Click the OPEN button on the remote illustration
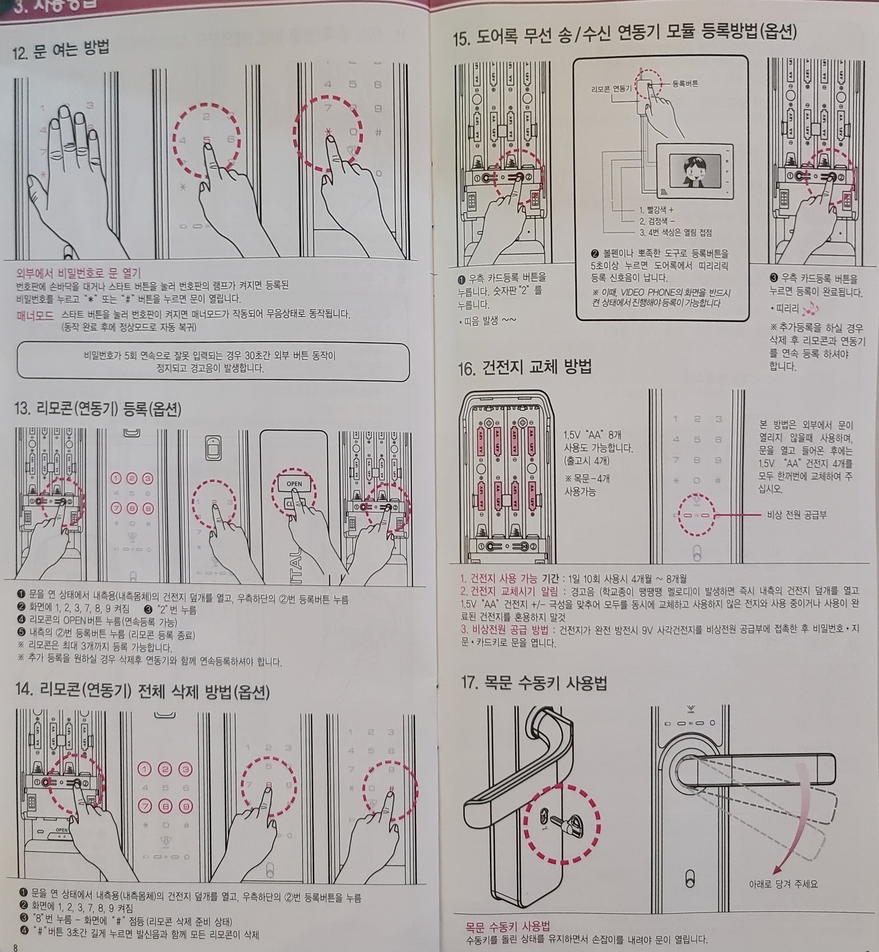click(x=294, y=484)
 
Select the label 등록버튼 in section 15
click(x=685, y=84)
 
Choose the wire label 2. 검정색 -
click(x=656, y=221)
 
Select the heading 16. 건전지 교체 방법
click(x=525, y=367)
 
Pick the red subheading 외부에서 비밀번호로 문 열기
click(x=78, y=273)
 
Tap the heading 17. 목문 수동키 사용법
click(x=534, y=683)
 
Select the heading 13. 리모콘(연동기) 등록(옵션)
click(x=97, y=408)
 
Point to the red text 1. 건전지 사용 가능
click(x=499, y=579)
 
